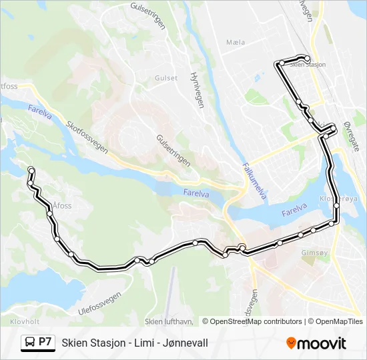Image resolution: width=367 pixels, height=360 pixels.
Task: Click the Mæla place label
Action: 236,42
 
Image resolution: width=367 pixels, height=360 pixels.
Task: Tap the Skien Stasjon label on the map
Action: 308,65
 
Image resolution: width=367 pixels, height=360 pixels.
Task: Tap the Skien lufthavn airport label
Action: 169,321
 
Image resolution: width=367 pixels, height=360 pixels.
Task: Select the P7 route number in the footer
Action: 45,342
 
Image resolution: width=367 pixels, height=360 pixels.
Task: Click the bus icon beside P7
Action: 30,343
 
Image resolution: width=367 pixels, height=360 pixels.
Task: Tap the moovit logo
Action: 316,343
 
